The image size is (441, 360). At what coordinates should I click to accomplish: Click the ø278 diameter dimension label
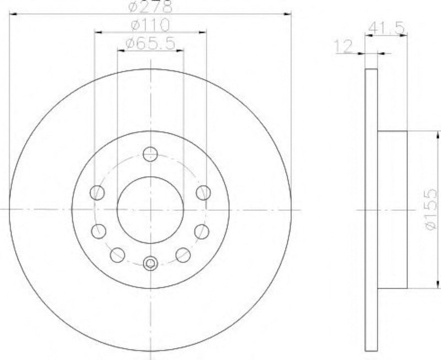coord(150,7)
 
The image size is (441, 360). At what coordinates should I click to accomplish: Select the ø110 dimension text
coord(150,25)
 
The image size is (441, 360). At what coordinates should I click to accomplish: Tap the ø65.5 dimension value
coord(150,44)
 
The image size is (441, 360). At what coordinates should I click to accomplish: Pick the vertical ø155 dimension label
coord(432,209)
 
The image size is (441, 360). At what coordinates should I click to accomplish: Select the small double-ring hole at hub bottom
coord(150,265)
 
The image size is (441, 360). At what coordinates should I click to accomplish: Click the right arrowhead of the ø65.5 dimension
coord(180,50)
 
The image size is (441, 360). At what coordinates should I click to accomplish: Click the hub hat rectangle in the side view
coord(392,209)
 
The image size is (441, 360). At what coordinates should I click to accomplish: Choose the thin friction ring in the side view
coord(372,209)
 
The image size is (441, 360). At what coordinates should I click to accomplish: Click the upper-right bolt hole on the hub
coord(203,192)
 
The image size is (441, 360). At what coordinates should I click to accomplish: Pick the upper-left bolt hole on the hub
coord(97,192)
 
